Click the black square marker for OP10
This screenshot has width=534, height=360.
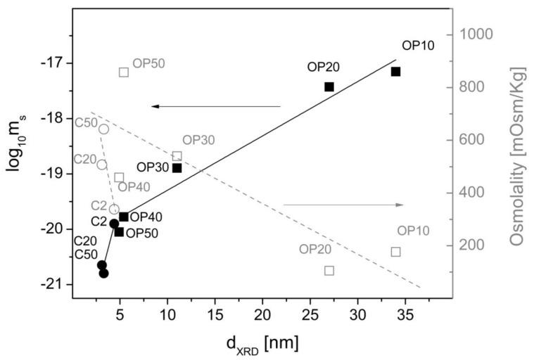coord(395,72)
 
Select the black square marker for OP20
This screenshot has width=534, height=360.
coord(329,86)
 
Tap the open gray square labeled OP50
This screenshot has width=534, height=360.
coord(124,72)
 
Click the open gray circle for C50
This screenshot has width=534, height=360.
coord(103,129)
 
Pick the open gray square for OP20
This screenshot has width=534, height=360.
coord(329,271)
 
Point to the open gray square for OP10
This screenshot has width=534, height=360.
coord(395,252)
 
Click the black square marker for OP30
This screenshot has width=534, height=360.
coord(177,167)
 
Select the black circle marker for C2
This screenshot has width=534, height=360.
coord(114,224)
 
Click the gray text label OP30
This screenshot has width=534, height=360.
coord(198,140)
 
